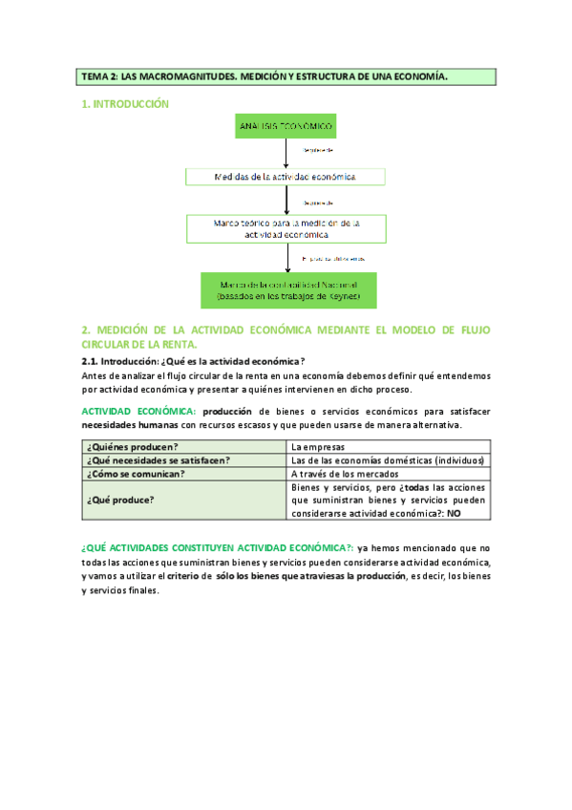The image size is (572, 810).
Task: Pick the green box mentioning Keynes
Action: tap(287, 290)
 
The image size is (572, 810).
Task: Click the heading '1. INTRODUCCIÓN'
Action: tap(124, 103)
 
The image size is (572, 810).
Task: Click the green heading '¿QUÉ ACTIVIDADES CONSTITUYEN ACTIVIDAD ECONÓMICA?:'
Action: tap(218, 548)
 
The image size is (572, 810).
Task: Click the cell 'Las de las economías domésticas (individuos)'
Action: tap(387, 459)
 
